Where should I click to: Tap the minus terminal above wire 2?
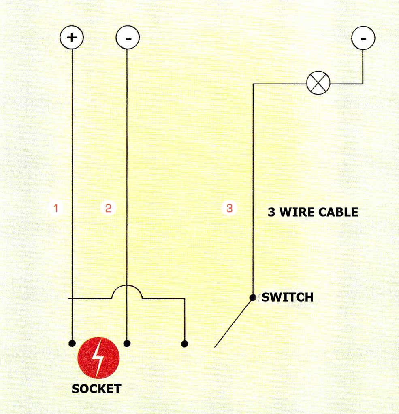pyautogui.click(x=128, y=38)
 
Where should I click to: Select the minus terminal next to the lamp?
pyautogui.click(x=363, y=38)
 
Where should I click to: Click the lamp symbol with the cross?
pyautogui.click(x=318, y=83)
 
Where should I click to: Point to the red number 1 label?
pyautogui.click(x=56, y=209)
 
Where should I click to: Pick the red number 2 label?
pyautogui.click(x=108, y=209)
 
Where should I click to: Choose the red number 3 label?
pyautogui.click(x=230, y=209)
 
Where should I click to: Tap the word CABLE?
pyautogui.click(x=338, y=212)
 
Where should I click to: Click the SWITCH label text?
pyautogui.click(x=288, y=298)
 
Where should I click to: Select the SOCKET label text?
pyautogui.click(x=96, y=389)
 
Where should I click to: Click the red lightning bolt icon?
pyautogui.click(x=98, y=358)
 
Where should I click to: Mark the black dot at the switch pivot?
pyautogui.click(x=253, y=298)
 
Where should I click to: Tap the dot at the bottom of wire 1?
pyautogui.click(x=72, y=344)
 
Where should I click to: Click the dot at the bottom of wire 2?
pyautogui.click(x=127, y=344)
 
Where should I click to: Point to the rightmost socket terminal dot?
pyautogui.click(x=184, y=344)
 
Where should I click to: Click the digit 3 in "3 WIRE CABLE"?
pyautogui.click(x=271, y=212)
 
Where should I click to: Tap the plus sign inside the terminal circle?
pyautogui.click(x=72, y=38)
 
